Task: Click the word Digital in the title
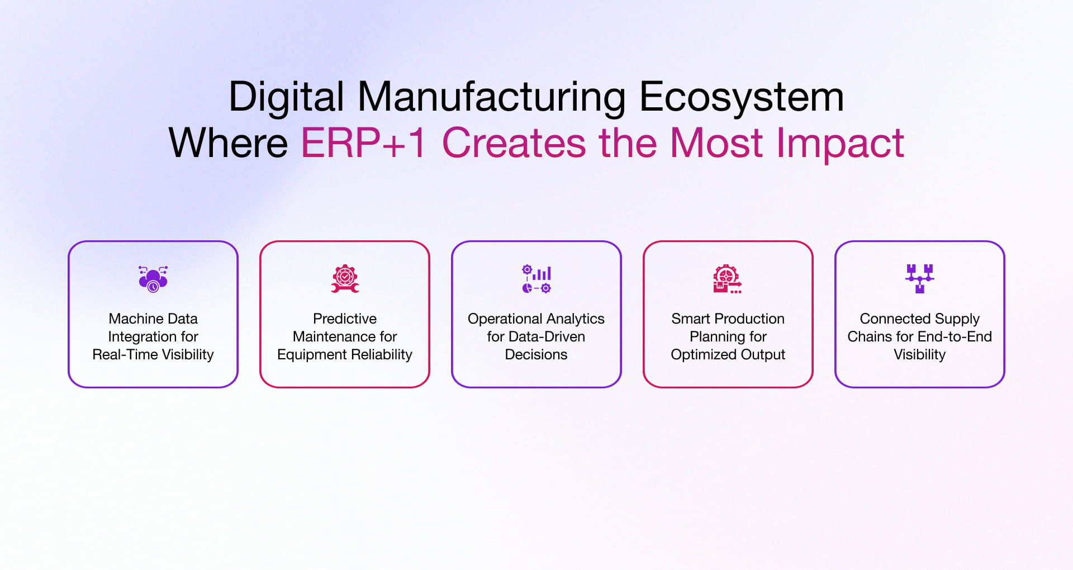click(x=286, y=97)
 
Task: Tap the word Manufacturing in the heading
click(x=491, y=97)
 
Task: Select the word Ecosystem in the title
click(x=741, y=97)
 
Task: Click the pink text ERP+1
click(x=364, y=143)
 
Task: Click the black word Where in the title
click(x=228, y=143)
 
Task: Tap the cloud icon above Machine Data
click(x=153, y=278)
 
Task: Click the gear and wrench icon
click(x=345, y=278)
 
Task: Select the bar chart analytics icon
click(x=536, y=278)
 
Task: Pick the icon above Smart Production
click(x=728, y=278)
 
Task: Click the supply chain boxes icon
click(x=919, y=278)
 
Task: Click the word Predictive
click(x=345, y=319)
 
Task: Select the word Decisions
click(x=536, y=354)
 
